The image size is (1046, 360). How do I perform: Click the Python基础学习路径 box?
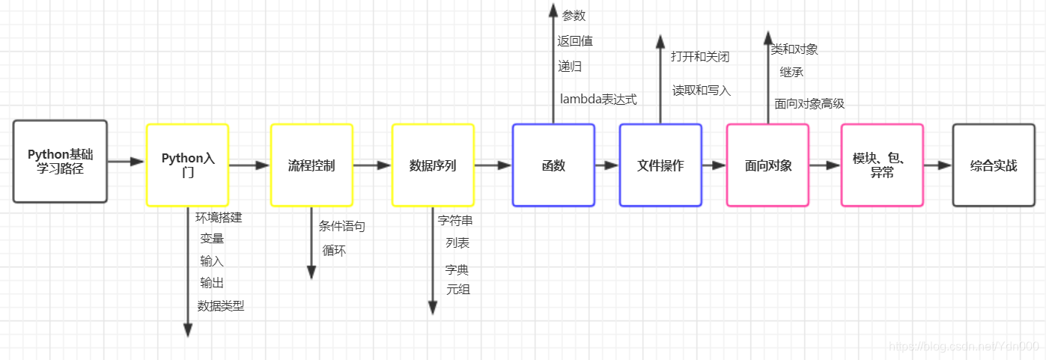tap(60, 161)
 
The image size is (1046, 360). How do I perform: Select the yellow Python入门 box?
tap(187, 165)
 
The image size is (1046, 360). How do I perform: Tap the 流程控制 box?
tap(311, 165)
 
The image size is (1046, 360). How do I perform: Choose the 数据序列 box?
tap(433, 165)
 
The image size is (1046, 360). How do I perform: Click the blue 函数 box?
tap(553, 165)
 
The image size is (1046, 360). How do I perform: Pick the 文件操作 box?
tap(660, 165)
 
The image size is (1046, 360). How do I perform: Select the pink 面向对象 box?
tap(767, 165)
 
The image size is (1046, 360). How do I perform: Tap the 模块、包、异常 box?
tap(881, 165)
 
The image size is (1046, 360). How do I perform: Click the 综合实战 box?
tap(993, 165)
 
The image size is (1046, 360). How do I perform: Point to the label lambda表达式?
tap(598, 99)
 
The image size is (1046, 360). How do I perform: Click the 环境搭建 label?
tap(219, 218)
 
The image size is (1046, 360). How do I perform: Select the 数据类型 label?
tap(220, 305)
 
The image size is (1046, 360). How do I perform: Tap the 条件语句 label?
tap(341, 226)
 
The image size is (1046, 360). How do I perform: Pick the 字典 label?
tap(457, 269)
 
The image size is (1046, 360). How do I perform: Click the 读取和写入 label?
tap(701, 90)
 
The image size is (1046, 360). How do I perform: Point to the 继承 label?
tap(791, 73)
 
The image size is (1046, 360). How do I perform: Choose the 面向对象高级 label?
tap(809, 103)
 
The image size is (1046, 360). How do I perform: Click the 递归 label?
tap(570, 66)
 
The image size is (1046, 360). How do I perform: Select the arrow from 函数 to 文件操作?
tap(606, 165)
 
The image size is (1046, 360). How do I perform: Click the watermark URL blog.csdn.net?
tap(962, 346)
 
